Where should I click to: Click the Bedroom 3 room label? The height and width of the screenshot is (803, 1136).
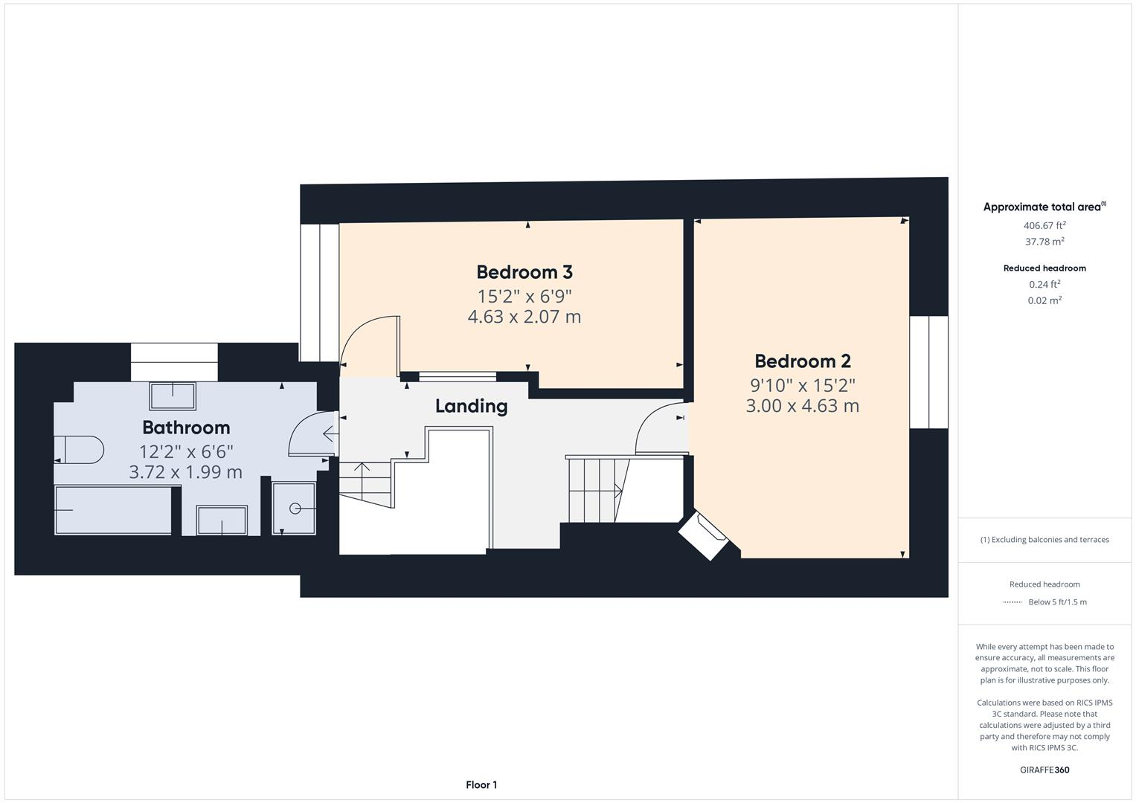click(x=524, y=272)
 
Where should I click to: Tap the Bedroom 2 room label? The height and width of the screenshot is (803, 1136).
click(x=803, y=361)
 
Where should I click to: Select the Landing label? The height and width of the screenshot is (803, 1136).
click(x=471, y=406)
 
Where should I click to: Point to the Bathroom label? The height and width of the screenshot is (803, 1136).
click(x=186, y=428)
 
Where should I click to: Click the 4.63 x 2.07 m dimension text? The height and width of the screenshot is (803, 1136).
click(x=524, y=317)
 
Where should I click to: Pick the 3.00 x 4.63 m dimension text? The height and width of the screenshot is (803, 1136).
click(x=803, y=406)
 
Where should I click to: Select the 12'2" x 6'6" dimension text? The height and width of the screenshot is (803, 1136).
click(x=186, y=451)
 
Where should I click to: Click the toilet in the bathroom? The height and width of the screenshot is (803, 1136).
click(x=78, y=450)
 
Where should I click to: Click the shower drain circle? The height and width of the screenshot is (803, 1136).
click(x=295, y=509)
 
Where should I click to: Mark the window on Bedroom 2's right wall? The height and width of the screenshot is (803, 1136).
click(x=929, y=373)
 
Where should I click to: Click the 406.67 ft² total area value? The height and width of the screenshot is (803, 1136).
click(x=1044, y=225)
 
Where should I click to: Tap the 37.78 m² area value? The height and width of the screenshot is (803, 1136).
click(x=1044, y=242)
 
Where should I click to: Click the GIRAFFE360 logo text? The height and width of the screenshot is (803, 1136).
click(x=1044, y=770)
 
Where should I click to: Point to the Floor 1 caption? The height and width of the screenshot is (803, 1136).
click(x=481, y=785)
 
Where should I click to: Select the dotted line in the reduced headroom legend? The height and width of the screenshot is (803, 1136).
click(x=1013, y=602)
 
